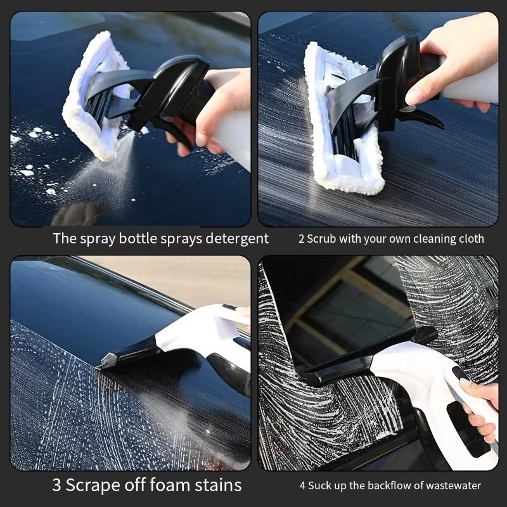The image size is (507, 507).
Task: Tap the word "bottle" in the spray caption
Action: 133,239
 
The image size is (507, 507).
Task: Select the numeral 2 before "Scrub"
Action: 301,239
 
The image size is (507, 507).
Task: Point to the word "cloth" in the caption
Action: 470,239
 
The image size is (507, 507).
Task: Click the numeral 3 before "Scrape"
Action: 56,485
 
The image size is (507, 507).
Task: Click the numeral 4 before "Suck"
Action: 302,486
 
